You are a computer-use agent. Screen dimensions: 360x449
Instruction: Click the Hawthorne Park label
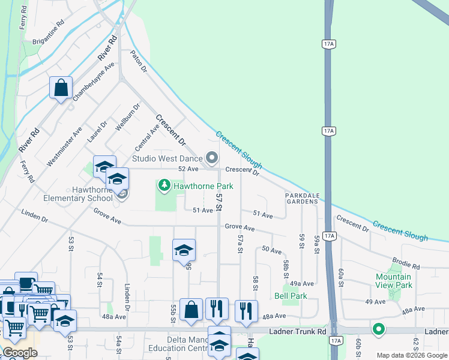203,187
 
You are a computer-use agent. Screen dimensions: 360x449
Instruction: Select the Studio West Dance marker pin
211,158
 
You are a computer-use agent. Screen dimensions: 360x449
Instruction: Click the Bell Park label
291,296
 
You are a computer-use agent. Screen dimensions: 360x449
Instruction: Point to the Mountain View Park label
394,281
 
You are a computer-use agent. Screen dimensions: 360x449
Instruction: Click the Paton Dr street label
139,61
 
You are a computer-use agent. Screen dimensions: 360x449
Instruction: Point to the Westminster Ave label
64,146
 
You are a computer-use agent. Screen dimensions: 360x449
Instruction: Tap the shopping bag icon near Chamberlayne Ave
61,88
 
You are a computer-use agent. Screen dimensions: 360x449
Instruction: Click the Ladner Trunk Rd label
297,331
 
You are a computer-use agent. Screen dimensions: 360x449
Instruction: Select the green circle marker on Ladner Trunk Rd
378,329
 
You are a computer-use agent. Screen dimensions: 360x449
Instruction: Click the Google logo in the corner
20,353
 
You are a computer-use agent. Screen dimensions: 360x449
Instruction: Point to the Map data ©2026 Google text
412,355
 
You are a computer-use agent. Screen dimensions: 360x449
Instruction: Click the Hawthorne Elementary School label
78,194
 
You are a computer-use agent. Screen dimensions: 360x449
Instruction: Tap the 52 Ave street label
188,169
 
